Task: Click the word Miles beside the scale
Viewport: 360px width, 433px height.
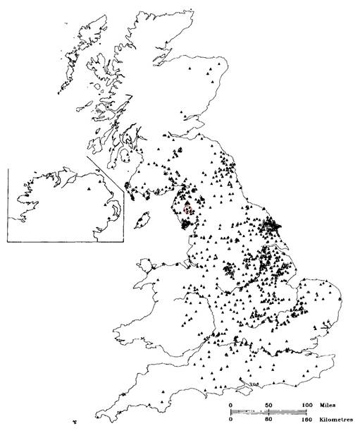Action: click(328, 405)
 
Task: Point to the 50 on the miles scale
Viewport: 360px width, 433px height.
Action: click(269, 405)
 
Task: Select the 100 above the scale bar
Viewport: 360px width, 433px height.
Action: click(307, 405)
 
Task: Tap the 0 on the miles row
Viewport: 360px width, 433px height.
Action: click(231, 405)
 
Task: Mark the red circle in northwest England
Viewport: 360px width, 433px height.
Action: click(187, 208)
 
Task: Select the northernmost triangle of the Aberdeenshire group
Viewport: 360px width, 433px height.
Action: click(221, 63)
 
